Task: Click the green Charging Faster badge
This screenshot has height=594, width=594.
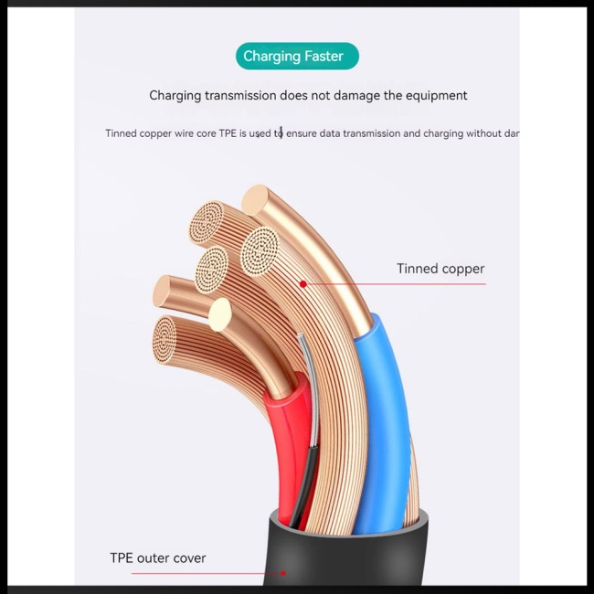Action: [x=297, y=57]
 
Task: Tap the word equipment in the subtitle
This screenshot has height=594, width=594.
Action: [x=432, y=95]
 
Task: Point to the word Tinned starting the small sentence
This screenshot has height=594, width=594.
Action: [x=121, y=133]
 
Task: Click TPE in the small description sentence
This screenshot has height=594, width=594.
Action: [x=228, y=133]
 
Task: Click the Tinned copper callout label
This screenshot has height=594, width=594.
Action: [x=440, y=269]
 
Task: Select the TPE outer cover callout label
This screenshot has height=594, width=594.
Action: [x=158, y=557]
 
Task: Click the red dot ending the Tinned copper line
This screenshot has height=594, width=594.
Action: [x=303, y=284]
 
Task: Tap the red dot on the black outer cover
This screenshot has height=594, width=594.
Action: [x=283, y=573]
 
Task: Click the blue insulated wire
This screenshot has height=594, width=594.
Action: [x=387, y=402]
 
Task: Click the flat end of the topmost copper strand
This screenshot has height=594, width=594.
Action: [x=257, y=200]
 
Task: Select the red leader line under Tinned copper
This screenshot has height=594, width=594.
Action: [x=393, y=284]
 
